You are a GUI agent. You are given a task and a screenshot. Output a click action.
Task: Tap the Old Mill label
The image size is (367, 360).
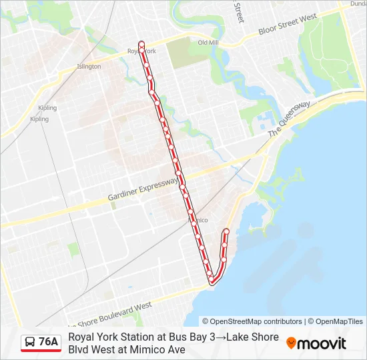pos(208,43)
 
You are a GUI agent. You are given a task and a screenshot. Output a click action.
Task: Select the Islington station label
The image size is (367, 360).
pos(89,67)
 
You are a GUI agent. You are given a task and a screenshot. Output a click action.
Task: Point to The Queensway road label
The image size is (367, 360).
pos(290,120)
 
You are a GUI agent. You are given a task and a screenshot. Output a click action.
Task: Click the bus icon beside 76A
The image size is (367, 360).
pos(30,342)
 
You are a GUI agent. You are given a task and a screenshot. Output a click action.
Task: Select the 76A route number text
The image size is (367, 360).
pos(49,342)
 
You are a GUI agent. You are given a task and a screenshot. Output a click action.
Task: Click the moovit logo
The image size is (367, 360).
pos(316,343)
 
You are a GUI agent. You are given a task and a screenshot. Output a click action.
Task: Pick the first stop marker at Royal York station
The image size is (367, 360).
pos(141,44)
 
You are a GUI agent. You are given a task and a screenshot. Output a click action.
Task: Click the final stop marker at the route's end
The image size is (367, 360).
pos(226,231)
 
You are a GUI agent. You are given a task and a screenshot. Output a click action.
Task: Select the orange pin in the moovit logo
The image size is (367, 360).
pos(291,343)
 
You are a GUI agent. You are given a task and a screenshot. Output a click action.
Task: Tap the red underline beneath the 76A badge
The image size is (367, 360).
pos(41,351)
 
